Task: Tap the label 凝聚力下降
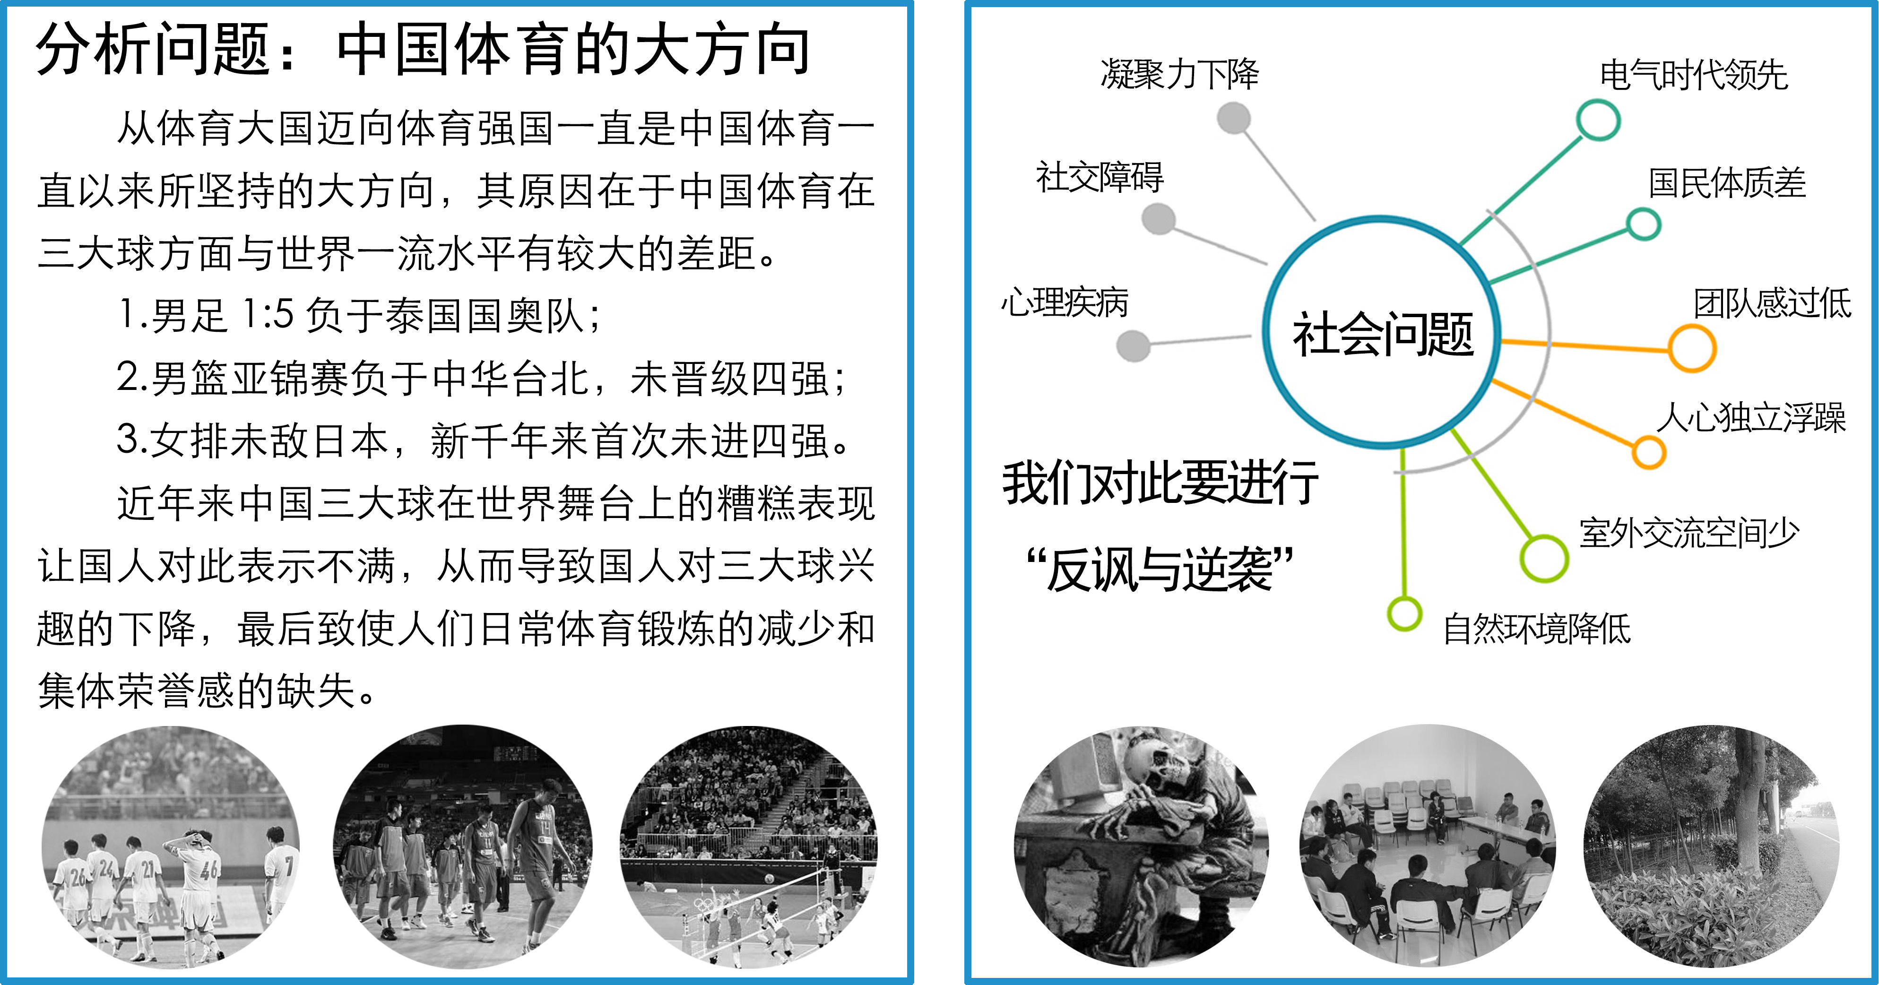click(1179, 74)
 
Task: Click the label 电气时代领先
click(1694, 75)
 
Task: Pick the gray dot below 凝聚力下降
click(1234, 118)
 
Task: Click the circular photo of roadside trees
click(1711, 846)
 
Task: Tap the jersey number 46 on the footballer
click(209, 870)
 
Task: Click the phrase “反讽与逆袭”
click(1160, 570)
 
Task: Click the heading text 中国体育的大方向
click(573, 50)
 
